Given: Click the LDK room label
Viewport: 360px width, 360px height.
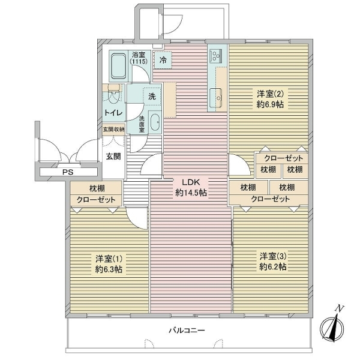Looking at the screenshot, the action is click(191, 182).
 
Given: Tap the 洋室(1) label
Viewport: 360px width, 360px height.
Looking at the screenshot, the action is click(109, 259).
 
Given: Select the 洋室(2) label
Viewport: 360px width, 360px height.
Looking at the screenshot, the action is click(270, 94).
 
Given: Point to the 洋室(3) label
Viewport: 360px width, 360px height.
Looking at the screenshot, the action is click(273, 256).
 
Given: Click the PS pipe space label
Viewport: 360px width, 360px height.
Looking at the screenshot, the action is click(68, 172).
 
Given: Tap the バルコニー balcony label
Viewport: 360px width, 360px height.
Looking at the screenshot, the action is click(187, 331).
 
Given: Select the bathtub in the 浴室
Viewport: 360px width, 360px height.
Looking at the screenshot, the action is click(118, 66).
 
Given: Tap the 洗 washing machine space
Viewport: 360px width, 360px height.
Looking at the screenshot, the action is click(152, 97).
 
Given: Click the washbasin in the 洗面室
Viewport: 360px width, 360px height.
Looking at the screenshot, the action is click(155, 122).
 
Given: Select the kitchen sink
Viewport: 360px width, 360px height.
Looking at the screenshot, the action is click(216, 98).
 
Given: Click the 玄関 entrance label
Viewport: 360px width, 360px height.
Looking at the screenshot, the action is click(113, 157).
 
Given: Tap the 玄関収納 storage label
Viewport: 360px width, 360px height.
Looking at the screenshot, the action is click(113, 129).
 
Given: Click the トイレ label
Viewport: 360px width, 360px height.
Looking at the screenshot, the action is click(113, 113).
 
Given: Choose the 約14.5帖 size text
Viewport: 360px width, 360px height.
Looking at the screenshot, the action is click(191, 193).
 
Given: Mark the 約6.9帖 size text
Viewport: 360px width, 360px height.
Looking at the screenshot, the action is click(270, 104).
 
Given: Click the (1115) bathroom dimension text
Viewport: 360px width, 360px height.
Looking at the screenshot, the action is click(139, 62).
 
